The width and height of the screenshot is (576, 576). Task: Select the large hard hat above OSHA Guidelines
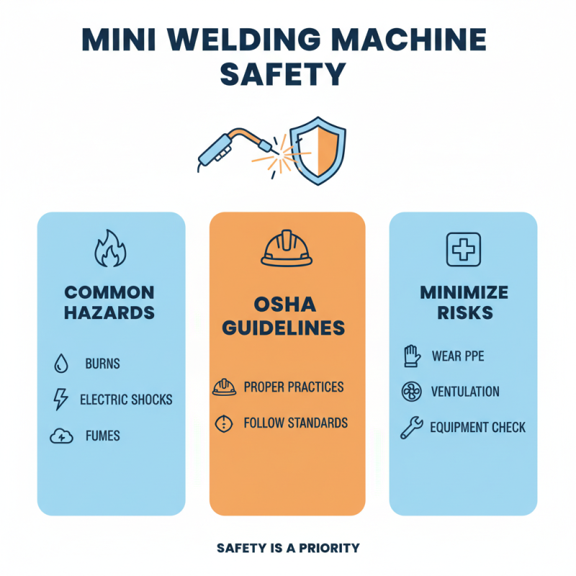pyautogui.click(x=287, y=249)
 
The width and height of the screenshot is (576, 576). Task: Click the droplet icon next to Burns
pyautogui.click(x=61, y=364)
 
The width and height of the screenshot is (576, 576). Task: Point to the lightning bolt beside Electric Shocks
pyautogui.click(x=61, y=399)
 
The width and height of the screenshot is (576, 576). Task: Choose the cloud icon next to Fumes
pyautogui.click(x=61, y=435)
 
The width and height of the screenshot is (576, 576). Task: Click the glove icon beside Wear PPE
pyautogui.click(x=410, y=356)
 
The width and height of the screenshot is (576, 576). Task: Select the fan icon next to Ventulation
pyautogui.click(x=410, y=392)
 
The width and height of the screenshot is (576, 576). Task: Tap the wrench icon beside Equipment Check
pyautogui.click(x=410, y=428)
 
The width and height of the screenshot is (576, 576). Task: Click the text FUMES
pyautogui.click(x=102, y=436)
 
